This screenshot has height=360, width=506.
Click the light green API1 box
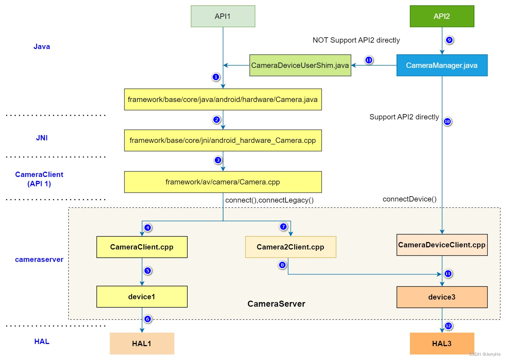223,16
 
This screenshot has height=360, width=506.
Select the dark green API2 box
442,16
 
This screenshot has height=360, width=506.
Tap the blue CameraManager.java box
442,65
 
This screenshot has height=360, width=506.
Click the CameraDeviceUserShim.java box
300,65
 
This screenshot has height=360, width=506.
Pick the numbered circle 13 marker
369,60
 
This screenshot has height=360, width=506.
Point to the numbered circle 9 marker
449,40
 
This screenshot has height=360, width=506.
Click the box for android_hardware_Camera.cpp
223,140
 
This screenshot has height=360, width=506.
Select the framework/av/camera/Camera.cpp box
223,182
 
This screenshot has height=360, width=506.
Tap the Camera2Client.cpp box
290,247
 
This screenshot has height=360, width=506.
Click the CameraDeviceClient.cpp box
442,245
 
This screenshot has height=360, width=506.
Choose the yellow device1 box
142,297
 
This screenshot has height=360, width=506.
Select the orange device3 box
442,297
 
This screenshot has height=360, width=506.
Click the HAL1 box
142,344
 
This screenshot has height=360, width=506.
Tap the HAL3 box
442,344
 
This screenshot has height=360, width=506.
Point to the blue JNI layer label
42,138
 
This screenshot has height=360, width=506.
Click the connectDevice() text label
409,199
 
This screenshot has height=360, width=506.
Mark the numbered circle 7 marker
283,227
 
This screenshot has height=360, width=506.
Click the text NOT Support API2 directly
356,40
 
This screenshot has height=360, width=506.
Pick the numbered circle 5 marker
148,271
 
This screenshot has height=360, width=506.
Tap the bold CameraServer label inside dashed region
276,304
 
